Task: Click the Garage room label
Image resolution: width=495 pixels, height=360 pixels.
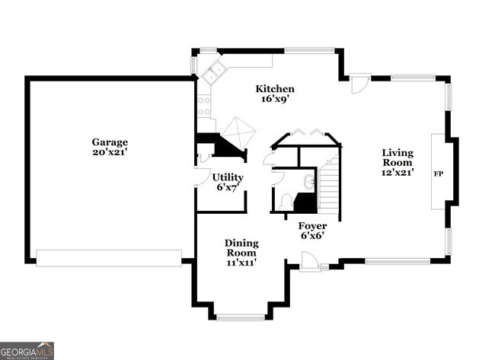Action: click(110, 142)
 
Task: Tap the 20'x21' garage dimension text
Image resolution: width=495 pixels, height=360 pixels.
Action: click(110, 152)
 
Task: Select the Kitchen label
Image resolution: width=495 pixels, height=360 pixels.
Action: click(275, 89)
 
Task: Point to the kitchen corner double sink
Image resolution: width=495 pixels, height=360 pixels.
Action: click(212, 72)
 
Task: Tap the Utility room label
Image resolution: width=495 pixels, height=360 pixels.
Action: click(228, 177)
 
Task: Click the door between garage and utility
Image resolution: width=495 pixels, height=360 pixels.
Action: click(202, 177)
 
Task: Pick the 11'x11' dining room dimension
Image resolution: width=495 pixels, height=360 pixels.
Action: click(241, 263)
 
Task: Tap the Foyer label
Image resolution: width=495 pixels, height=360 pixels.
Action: click(312, 226)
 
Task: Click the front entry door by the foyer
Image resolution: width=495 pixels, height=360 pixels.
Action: click(310, 262)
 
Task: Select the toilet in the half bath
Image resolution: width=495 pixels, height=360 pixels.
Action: click(286, 201)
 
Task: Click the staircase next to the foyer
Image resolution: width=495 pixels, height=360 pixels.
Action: click(329, 186)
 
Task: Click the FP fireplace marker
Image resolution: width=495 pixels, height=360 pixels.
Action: click(438, 174)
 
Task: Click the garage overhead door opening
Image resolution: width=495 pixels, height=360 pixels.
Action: click(109, 258)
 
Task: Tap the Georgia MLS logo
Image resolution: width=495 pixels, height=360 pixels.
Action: click(27, 350)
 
